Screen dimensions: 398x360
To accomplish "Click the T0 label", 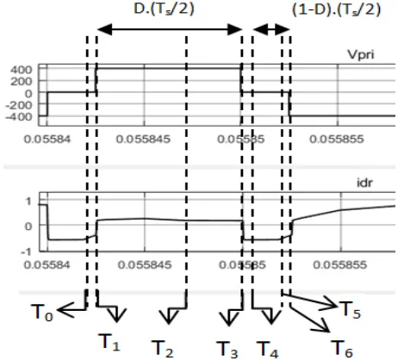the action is click(42, 313).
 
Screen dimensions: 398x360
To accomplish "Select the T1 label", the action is click(109, 342).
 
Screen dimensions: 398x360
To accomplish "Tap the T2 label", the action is click(162, 349).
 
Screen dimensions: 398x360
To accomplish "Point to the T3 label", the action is click(227, 350).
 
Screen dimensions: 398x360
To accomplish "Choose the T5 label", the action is click(350, 310).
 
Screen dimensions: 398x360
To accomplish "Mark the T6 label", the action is click(342, 348).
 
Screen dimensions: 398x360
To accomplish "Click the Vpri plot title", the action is click(361, 54).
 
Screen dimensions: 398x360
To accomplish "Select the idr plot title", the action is click(364, 183).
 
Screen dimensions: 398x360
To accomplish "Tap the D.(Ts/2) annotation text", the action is click(165, 9).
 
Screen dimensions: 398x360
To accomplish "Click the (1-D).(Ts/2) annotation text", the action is click(336, 9).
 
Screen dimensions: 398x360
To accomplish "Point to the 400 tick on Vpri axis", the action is click(21, 70).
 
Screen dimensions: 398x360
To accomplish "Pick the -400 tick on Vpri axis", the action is click(18, 116).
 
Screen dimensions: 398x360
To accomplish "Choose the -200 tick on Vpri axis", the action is click(18, 105).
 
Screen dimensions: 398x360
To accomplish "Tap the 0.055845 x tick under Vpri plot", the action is click(143, 140).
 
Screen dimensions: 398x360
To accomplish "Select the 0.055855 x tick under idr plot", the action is click(340, 264).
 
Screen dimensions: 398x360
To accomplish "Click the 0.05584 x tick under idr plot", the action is click(47, 264).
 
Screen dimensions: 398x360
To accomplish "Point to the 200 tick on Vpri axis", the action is click(21, 82).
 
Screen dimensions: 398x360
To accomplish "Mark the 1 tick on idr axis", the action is click(28, 202).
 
